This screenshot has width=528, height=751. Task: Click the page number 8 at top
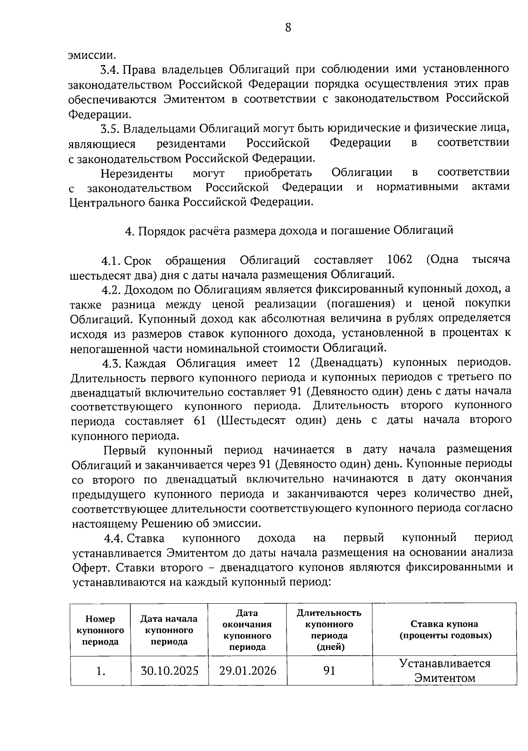click(x=288, y=28)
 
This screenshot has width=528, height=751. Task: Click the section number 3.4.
click(x=110, y=69)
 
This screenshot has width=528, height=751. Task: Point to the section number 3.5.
click(x=110, y=129)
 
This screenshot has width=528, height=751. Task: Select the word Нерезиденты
click(x=136, y=173)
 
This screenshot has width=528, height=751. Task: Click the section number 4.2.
click(x=111, y=289)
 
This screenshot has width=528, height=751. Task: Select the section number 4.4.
click(x=114, y=538)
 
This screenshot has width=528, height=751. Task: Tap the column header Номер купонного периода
click(x=100, y=630)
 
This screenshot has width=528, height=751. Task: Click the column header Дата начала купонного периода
click(x=169, y=630)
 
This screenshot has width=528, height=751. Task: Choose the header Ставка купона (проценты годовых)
click(x=444, y=630)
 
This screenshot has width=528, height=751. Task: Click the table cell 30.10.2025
click(x=169, y=671)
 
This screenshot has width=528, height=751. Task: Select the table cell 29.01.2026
click(x=248, y=671)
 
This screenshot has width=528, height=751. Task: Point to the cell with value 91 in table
click(x=329, y=671)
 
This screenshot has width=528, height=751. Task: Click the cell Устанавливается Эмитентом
click(x=444, y=671)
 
